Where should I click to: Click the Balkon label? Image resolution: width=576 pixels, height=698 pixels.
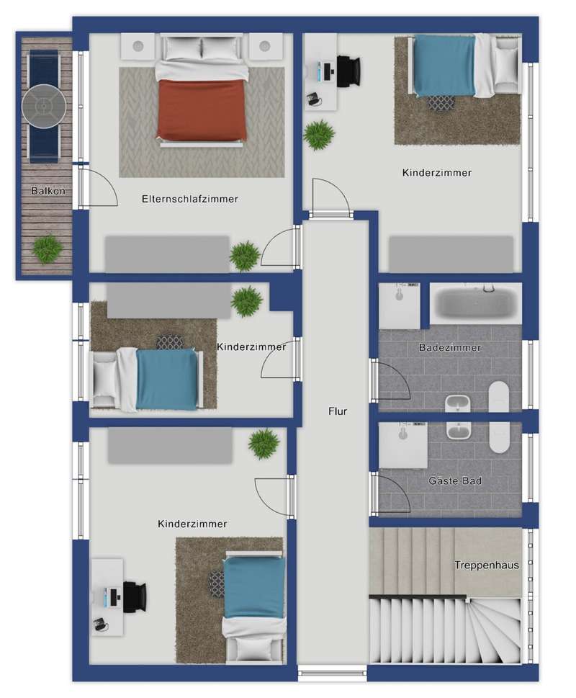[x=48, y=191]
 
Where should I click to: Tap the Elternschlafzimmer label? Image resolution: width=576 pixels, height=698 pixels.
[x=190, y=199]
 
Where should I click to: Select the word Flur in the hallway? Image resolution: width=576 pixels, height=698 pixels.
[x=338, y=411]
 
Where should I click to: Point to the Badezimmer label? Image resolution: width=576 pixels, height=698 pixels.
[x=450, y=347]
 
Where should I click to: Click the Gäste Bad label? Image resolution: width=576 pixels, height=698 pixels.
[x=455, y=480]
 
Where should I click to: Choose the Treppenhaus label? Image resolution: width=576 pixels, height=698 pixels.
[x=487, y=565]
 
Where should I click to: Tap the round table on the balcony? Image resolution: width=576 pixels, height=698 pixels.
[x=44, y=107]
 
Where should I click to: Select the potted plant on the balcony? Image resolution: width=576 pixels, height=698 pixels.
[x=47, y=250]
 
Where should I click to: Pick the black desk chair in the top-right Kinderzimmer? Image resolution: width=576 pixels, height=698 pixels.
[x=348, y=71]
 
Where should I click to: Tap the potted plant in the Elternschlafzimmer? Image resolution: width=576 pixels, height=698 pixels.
[x=245, y=256]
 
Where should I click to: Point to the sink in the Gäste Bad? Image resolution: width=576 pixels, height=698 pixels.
[x=459, y=431]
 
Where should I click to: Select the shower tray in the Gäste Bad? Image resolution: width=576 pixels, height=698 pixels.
[x=403, y=446]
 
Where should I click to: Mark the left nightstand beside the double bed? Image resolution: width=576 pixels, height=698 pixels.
[x=138, y=46]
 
